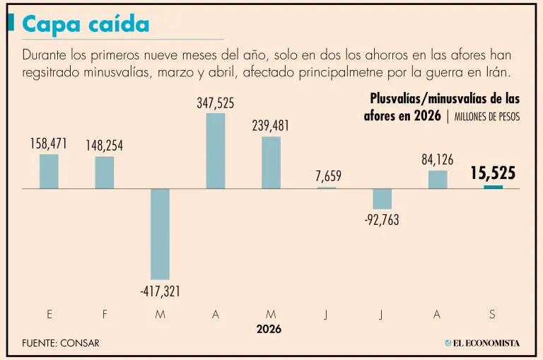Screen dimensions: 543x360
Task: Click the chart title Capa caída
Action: point(86,25)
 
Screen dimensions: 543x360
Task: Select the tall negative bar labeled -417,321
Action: point(160,234)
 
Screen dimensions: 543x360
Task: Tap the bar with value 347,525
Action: point(216,151)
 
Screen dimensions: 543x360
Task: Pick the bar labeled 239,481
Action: point(271,163)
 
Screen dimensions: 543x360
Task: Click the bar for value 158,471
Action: point(49,171)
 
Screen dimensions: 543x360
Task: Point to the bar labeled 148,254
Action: point(105,173)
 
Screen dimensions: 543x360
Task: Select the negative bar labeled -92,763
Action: point(383,199)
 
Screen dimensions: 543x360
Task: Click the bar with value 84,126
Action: point(438,180)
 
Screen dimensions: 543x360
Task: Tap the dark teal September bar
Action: point(493,187)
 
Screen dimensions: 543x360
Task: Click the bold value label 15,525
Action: point(493,173)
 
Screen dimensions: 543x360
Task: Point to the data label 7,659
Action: point(328,176)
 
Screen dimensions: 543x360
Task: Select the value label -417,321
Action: point(160,291)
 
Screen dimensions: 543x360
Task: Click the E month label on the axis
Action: point(49,314)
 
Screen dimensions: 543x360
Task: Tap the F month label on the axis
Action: point(105,314)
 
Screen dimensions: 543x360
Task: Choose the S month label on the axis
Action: point(492,314)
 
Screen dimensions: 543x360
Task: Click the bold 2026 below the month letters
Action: point(269,329)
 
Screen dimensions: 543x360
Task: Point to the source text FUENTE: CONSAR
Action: point(61,343)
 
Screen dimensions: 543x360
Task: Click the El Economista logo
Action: point(482,343)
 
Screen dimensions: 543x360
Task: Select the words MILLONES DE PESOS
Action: point(487,117)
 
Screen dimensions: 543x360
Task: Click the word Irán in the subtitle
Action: point(498,72)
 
